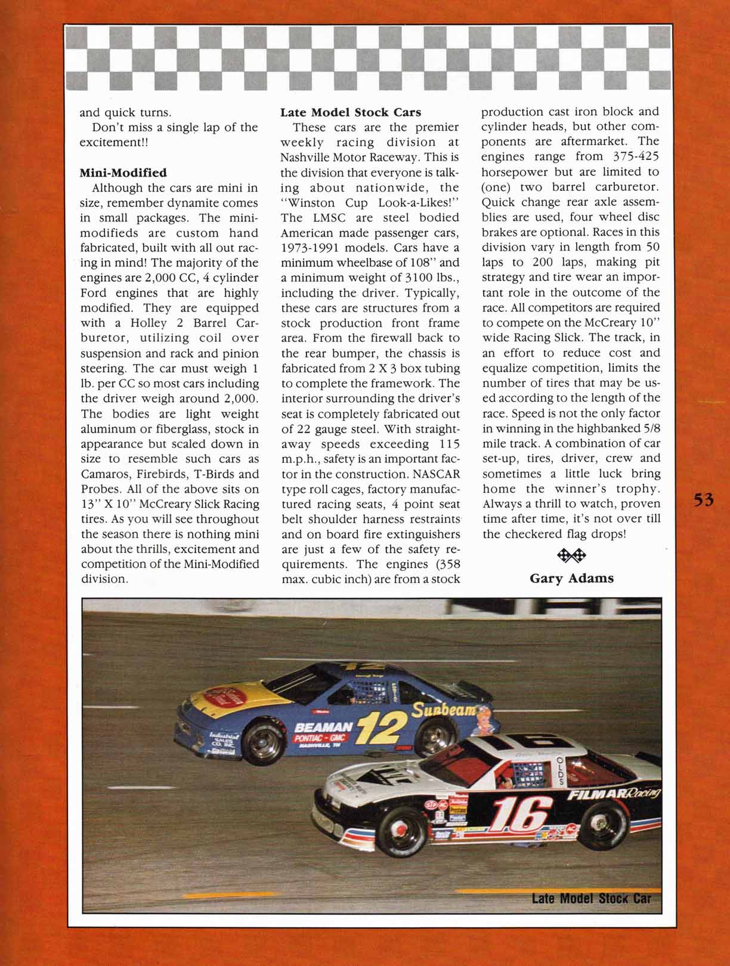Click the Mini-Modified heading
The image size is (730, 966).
pos(123,173)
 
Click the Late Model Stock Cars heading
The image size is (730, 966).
pos(351,112)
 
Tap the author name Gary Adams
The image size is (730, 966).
pos(571,578)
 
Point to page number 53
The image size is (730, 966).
pos(704,500)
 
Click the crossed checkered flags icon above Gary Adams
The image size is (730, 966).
pos(571,556)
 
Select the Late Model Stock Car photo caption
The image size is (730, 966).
pos(592,898)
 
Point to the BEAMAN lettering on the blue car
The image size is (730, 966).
pos(323,727)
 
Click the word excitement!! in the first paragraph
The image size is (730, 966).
pos(115,143)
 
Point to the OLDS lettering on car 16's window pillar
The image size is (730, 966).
pos(559,767)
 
